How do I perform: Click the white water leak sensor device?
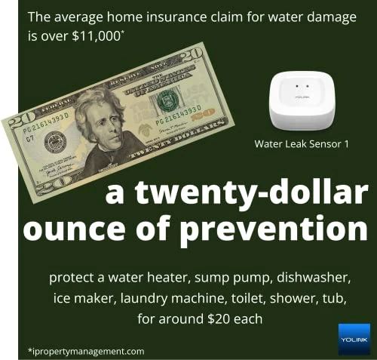tap(301, 103)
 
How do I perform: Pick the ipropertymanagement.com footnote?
tap(85, 351)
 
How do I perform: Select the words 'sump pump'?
tap(219, 278)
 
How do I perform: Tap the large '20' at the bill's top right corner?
tap(192, 58)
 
